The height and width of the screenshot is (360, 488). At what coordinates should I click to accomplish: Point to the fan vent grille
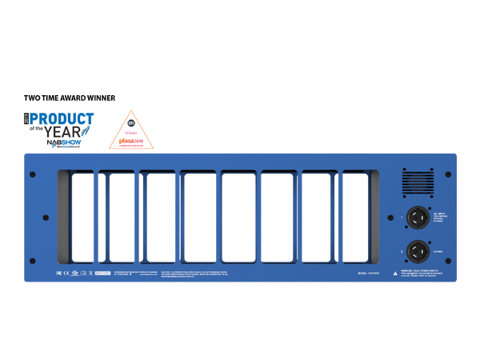click(416, 182)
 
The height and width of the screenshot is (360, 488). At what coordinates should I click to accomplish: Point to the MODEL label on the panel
click(369, 273)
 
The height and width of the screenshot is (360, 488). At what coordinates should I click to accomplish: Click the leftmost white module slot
click(83, 218)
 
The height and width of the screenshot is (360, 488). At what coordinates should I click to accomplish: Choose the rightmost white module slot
click(356, 218)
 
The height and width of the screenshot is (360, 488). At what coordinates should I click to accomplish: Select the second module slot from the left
click(121, 218)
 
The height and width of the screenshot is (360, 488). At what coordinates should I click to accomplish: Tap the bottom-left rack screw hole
click(32, 261)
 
